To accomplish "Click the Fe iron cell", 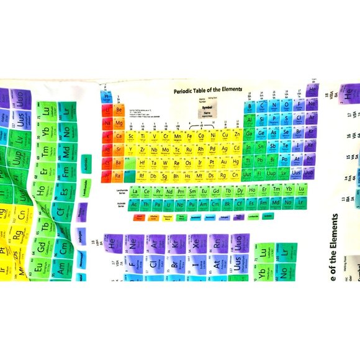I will tap(189, 136).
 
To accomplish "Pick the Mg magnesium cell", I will tap(119, 123).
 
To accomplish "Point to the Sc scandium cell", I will tap(132, 136).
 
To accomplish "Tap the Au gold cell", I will tap(225, 163).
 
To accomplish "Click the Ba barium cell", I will tap(119, 163).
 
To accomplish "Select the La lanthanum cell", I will tap(135, 191).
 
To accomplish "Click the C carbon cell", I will tap(262, 106).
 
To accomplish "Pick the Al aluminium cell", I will tap(250, 120).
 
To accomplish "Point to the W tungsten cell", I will tap(166, 163).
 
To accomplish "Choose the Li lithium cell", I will tap(107, 110).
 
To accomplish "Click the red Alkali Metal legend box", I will tap(140, 217).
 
